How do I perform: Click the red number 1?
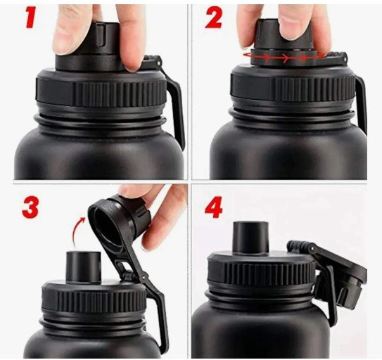click(x=31, y=17)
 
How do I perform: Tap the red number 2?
click(x=214, y=18)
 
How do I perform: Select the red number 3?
click(x=30, y=207)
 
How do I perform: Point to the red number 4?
click(x=214, y=207)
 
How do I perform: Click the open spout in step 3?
click(x=84, y=267)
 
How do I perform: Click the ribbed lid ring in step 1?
click(x=101, y=90)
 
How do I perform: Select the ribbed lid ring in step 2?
click(x=293, y=86)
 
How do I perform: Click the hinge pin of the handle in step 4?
click(x=311, y=249)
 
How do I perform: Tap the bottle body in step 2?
click(x=288, y=151)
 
